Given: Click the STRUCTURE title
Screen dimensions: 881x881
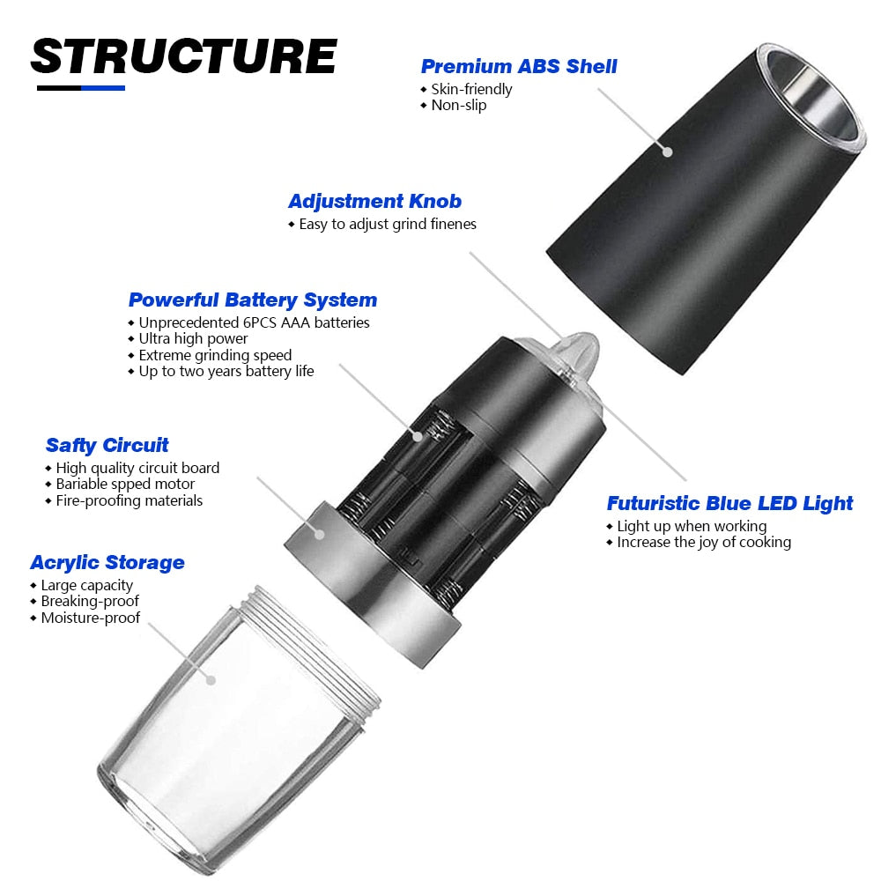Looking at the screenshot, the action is click(x=184, y=56).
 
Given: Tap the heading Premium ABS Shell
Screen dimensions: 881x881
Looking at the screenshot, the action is click(x=519, y=66).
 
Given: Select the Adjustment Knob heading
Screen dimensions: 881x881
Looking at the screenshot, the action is click(x=374, y=201).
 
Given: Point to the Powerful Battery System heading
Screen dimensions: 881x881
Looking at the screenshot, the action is click(x=253, y=300).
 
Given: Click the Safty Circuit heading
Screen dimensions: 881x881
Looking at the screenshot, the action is click(x=107, y=445).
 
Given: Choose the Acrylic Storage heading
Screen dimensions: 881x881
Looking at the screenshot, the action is click(x=107, y=562).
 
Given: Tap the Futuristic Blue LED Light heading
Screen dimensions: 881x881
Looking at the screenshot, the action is click(x=729, y=503).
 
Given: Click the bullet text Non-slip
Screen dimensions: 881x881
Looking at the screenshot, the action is click(x=458, y=105).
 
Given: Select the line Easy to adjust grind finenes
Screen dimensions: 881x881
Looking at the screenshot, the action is click(x=388, y=224).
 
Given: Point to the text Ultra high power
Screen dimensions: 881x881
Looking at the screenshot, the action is click(x=193, y=339).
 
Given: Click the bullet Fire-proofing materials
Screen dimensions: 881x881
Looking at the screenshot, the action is click(x=130, y=500).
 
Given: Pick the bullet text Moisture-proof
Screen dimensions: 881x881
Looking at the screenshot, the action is click(x=91, y=618).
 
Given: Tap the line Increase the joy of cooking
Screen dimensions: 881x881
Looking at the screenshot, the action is click(x=704, y=542).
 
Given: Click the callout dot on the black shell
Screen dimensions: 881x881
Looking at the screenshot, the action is click(x=668, y=152).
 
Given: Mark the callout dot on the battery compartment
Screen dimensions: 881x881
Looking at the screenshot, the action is click(x=418, y=436).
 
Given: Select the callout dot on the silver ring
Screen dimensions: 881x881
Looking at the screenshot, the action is click(x=319, y=534).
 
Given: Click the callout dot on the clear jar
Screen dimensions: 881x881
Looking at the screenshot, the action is click(x=211, y=680).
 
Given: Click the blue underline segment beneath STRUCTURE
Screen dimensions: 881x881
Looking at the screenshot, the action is click(x=103, y=88).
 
